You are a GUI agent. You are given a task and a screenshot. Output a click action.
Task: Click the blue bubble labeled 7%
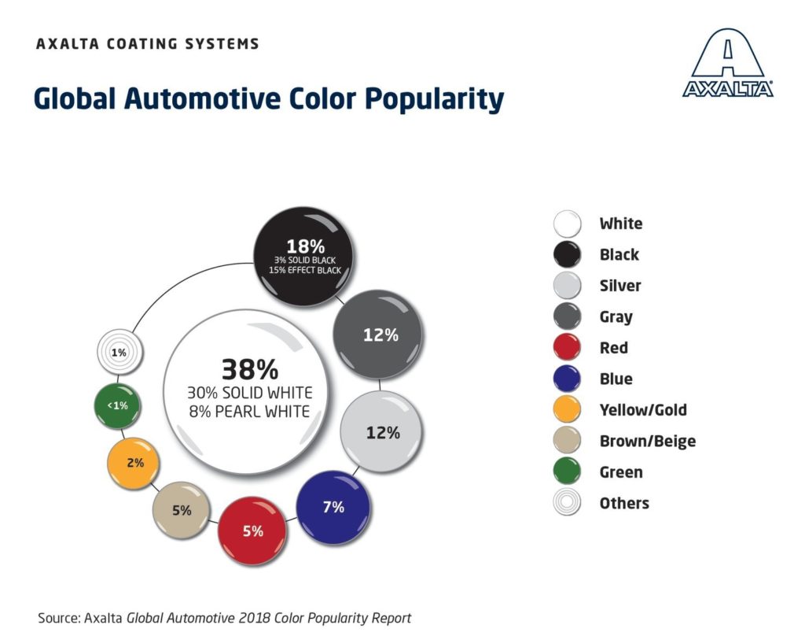(x=333, y=508)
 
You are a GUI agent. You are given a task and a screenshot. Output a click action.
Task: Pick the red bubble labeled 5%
(x=252, y=531)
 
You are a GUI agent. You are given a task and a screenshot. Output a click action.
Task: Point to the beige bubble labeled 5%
(x=182, y=510)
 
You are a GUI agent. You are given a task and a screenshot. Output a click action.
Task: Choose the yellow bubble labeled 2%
(x=135, y=463)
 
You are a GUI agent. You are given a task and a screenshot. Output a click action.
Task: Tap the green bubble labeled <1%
(x=119, y=405)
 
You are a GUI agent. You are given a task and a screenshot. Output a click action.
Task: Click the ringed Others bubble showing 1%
(x=119, y=353)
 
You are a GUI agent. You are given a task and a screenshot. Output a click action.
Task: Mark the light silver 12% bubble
(x=382, y=432)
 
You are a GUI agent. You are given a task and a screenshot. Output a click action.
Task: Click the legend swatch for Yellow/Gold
(x=566, y=410)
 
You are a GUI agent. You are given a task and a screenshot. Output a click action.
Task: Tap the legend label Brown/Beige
(x=647, y=442)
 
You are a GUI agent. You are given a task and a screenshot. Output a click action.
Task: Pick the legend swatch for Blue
(x=566, y=379)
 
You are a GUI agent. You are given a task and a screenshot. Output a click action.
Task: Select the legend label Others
(x=624, y=504)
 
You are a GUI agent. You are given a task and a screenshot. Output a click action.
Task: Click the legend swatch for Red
(x=566, y=348)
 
